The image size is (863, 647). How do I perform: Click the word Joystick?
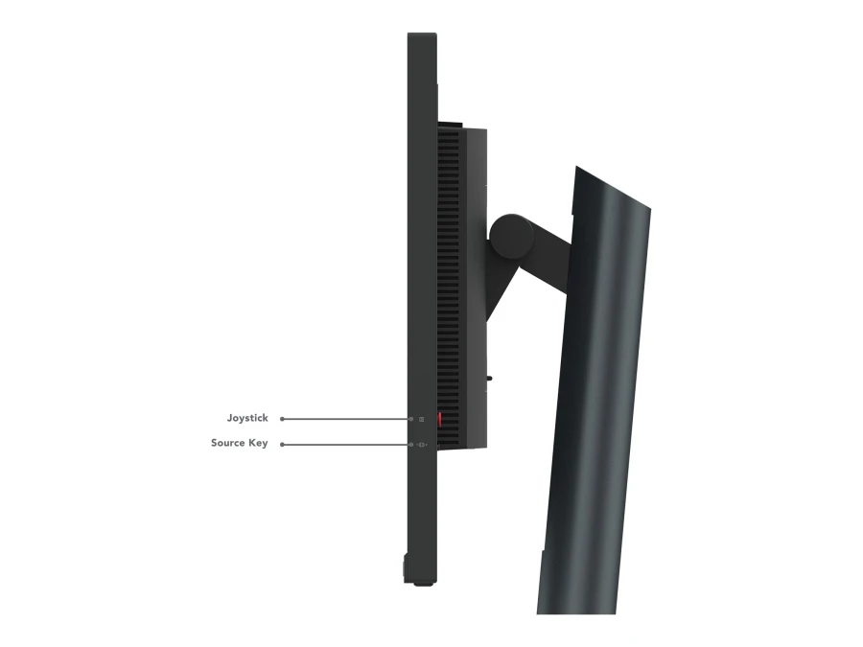(247, 418)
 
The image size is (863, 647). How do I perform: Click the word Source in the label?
(228, 444)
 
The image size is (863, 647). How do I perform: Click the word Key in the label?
(258, 444)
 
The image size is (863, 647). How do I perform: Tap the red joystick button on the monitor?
(441, 420)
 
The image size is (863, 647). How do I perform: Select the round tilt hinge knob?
(513, 236)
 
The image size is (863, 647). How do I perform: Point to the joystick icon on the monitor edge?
(421, 419)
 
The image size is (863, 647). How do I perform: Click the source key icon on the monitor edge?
(421, 444)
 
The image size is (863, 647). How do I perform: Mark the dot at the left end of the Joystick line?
(281, 419)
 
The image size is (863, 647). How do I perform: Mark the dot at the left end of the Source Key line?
(281, 444)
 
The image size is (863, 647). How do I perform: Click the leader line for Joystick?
(345, 419)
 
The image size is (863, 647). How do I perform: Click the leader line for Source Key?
(345, 444)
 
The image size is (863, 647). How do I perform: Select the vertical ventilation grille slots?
(448, 268)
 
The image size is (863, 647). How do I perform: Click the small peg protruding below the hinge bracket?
(490, 378)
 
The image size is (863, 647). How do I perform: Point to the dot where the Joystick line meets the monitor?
(410, 419)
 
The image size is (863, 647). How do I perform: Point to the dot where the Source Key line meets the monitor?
(410, 444)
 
